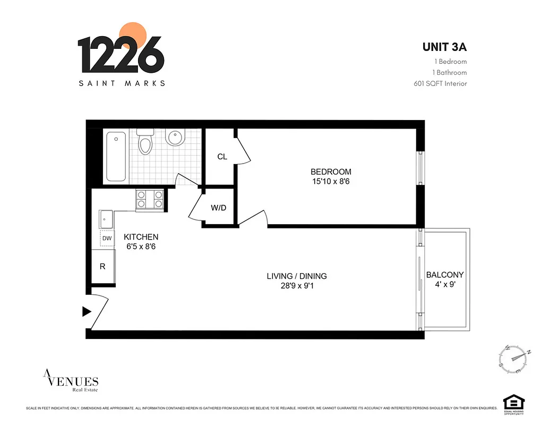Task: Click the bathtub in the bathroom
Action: (x=116, y=156)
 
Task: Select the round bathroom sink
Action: (x=175, y=138)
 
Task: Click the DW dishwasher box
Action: (x=107, y=239)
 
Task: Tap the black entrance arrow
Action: (x=87, y=312)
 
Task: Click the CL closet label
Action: (x=222, y=157)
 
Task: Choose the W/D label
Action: (x=218, y=208)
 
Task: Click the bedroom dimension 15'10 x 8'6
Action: (x=331, y=181)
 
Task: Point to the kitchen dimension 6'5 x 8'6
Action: (x=141, y=246)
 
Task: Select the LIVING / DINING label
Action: (x=297, y=276)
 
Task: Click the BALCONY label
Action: (x=445, y=275)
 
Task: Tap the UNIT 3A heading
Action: (x=444, y=47)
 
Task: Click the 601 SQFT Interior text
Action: (x=440, y=83)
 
